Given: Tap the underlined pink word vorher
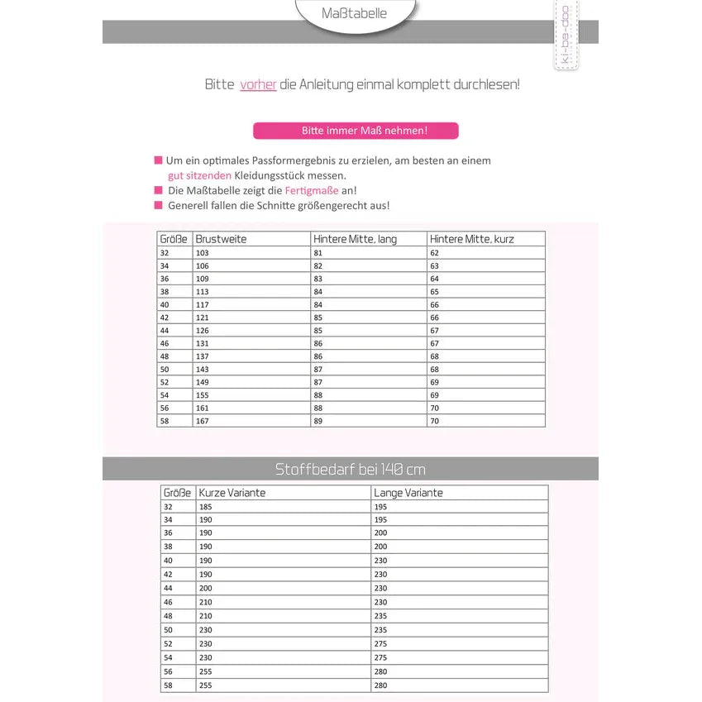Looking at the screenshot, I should [258, 84].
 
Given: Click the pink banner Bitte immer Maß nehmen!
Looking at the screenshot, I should [356, 131].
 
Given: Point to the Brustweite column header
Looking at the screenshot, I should [221, 239].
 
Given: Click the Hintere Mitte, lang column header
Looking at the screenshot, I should [355, 239].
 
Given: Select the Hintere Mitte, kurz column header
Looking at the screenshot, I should [471, 239].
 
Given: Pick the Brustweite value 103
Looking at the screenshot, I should [203, 253].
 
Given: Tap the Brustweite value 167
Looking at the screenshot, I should [203, 421].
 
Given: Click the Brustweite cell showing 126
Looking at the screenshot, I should [203, 331].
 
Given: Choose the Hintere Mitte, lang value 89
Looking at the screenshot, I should [318, 421].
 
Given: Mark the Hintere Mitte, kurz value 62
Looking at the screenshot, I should [434, 253].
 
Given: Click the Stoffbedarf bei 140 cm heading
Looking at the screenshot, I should [350, 470].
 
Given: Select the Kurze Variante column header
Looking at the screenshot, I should [232, 493].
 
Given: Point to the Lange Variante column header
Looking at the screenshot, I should [408, 493].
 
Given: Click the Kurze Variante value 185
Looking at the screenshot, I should [206, 507].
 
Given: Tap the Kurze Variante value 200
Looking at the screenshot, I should [206, 588].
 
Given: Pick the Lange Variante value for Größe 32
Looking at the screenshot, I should [380, 507].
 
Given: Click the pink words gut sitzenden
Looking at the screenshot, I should [199, 175].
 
